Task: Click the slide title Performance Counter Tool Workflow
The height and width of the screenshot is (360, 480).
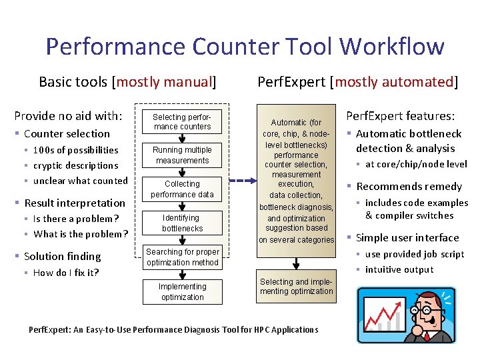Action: point(244,47)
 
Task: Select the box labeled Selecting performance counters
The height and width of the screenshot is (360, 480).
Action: point(182,122)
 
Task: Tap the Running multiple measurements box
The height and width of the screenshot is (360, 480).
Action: point(182,155)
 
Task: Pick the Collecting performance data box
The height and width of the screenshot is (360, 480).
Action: point(182,189)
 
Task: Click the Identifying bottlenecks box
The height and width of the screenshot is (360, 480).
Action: point(182,223)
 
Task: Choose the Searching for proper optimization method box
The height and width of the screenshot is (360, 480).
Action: point(182,257)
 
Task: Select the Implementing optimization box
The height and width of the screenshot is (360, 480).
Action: point(182,292)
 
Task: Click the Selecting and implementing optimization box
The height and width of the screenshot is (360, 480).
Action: point(296,287)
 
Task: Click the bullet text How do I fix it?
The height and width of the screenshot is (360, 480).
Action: point(65,273)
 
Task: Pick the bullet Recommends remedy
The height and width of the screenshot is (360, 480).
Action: point(409,187)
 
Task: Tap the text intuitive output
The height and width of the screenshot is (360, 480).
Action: point(399,269)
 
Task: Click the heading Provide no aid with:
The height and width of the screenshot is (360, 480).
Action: point(68,115)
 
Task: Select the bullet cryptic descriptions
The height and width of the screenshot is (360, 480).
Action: point(75,165)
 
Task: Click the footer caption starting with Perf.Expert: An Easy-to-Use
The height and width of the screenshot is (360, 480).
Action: point(173,330)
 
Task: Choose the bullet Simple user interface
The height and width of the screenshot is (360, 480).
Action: point(407,238)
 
